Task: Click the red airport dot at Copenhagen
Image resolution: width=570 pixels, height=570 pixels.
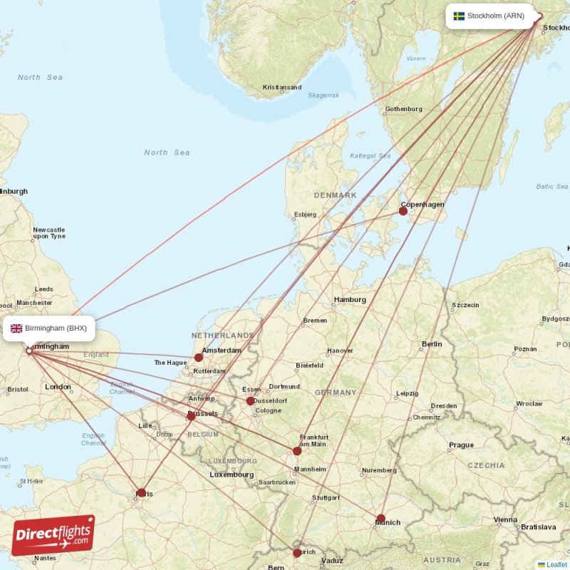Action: [403, 210]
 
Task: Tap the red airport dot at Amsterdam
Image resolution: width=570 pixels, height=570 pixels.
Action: [199, 358]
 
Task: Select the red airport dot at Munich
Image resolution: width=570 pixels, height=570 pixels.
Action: [381, 519]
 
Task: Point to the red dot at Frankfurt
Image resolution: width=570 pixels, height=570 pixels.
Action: [297, 450]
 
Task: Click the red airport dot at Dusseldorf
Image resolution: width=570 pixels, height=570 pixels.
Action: [250, 401]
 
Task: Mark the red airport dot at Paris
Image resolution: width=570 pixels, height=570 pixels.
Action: [141, 492]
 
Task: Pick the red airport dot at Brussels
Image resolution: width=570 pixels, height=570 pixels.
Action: [191, 415]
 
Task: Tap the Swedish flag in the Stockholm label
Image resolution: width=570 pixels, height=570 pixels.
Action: [459, 16]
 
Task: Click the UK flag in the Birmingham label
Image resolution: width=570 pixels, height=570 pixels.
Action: [16, 328]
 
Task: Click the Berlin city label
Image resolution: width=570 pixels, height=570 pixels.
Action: [432, 344]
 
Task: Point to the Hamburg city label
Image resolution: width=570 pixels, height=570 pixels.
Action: [350, 300]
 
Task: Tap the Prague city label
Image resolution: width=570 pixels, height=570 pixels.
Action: [461, 445]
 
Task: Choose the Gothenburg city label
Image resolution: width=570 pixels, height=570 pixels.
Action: [403, 110]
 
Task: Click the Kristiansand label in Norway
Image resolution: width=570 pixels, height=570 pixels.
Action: [282, 88]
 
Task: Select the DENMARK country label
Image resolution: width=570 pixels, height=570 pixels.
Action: [336, 195]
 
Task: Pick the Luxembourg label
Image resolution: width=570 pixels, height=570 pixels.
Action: [232, 475]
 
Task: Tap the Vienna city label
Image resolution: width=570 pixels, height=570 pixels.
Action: [505, 520]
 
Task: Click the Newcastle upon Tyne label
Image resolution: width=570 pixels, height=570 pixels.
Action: [48, 233]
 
